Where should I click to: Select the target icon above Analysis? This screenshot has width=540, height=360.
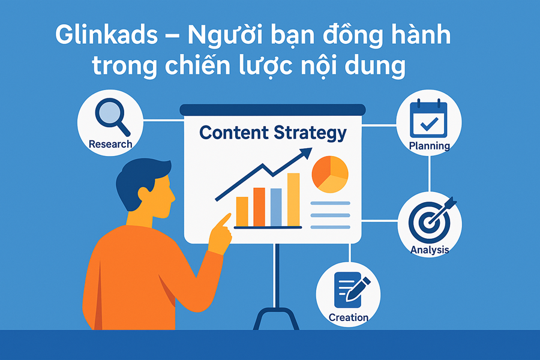pos(429,220)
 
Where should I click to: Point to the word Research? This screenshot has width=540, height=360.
pos(110,144)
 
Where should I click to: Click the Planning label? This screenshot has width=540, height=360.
pos(429,146)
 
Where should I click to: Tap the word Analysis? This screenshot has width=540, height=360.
pos(430,250)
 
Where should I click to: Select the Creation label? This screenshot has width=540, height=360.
pos(349,317)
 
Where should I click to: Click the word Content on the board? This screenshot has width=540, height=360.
pos(233,133)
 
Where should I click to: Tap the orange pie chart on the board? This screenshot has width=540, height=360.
pos(330,174)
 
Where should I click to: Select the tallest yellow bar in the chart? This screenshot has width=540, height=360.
pos(293,198)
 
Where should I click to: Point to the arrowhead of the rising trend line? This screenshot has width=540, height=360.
pos(306,155)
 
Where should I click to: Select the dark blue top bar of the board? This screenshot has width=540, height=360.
pos(272,110)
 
